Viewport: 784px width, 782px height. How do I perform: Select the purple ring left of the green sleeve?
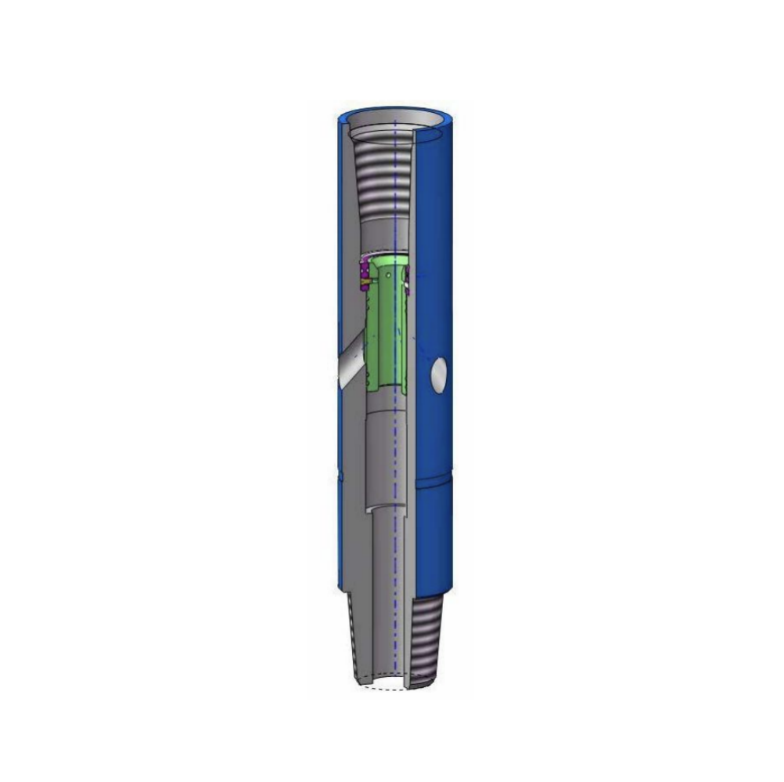pos(364,275)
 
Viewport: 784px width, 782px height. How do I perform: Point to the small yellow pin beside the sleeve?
pos(365,284)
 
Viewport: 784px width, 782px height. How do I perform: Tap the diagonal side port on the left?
pos(350,364)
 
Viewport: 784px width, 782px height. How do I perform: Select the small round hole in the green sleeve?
pos(390,276)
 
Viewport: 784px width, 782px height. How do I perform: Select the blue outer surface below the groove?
pos(435,541)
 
